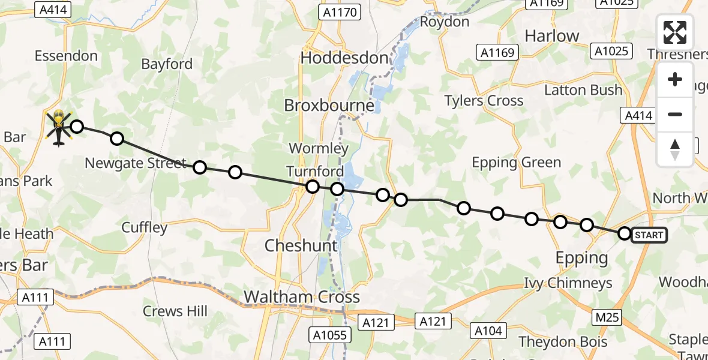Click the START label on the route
[649, 235]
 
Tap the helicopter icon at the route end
[59, 128]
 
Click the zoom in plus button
[675, 80]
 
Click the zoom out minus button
[675, 114]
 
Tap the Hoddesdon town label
[344, 58]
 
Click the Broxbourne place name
[329, 106]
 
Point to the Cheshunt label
[301, 245]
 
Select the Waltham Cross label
[302, 297]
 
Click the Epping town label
[581, 258]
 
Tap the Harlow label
[552, 36]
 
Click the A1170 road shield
[340, 13]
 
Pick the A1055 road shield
[330, 335]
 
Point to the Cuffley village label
[144, 227]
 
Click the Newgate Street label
[136, 163]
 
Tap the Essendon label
[66, 56]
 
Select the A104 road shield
[488, 330]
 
